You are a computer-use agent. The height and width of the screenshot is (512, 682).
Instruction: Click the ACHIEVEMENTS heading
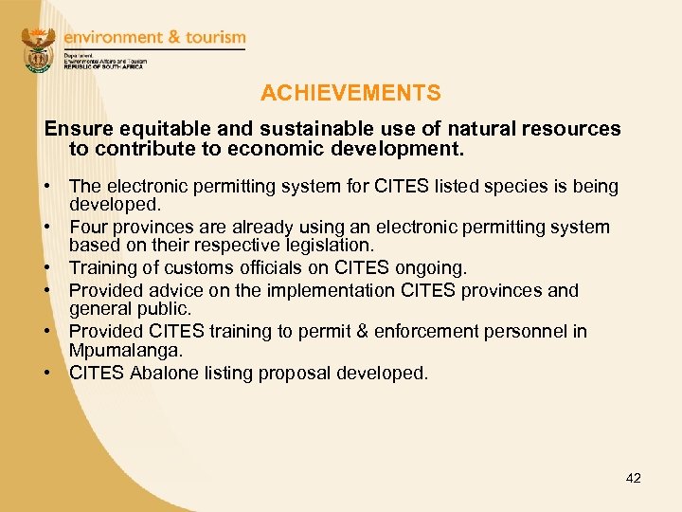point(350,93)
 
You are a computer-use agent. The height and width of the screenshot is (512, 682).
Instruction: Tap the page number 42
point(634,478)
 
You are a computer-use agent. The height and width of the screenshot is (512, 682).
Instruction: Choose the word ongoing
point(431,269)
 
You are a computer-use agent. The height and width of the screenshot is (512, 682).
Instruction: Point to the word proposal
point(304,373)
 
